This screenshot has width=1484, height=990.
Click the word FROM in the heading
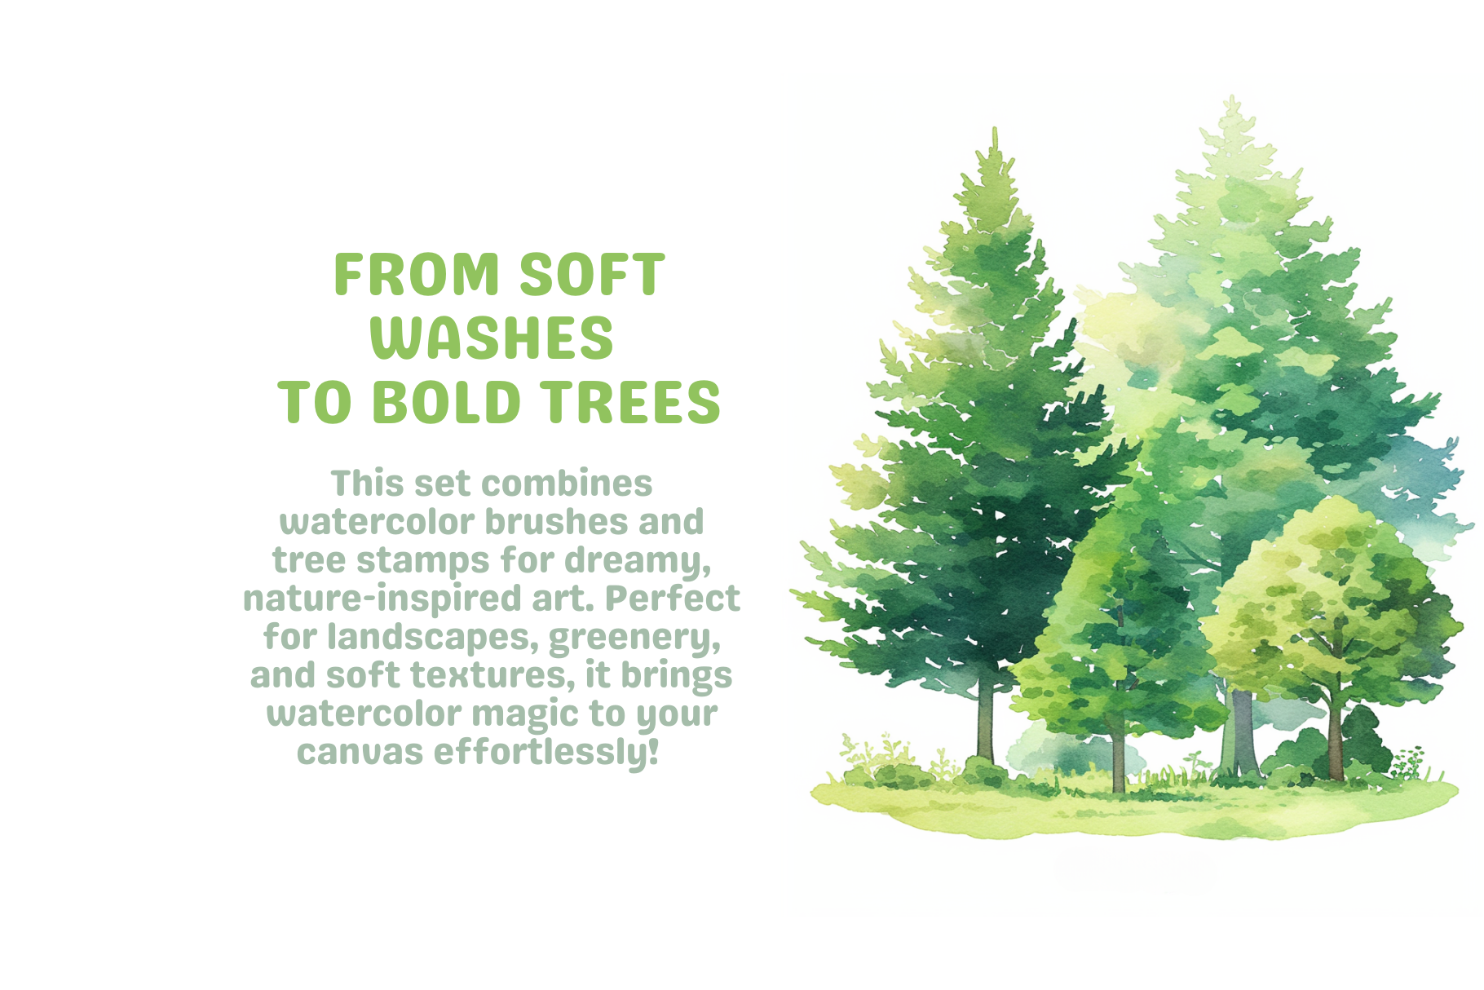click(417, 275)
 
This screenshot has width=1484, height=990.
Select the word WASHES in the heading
click(492, 338)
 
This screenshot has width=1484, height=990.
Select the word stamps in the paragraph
click(422, 560)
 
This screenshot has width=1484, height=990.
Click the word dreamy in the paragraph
click(636, 560)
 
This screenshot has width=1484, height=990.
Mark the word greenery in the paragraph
click(634, 637)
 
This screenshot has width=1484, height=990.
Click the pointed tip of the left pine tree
click(994, 130)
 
